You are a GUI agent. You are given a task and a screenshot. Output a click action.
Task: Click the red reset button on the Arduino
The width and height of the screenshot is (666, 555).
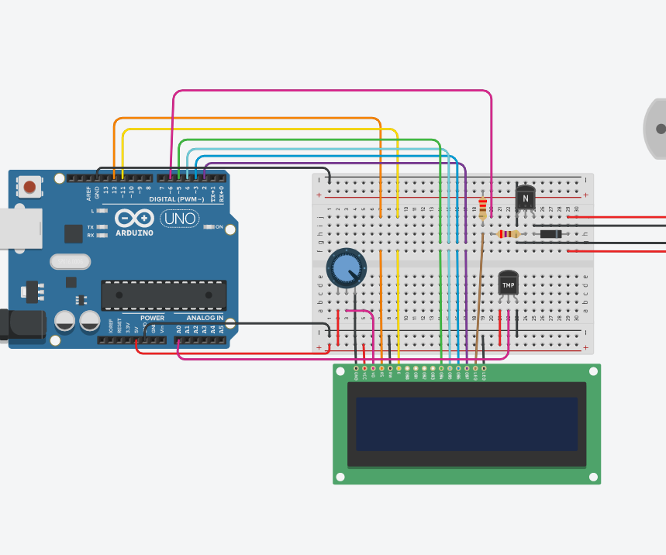tap(29, 186)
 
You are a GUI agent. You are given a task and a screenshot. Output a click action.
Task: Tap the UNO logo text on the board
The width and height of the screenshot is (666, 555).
tap(179, 219)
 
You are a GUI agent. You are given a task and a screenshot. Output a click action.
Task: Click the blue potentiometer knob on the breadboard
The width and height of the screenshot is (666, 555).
tap(344, 268)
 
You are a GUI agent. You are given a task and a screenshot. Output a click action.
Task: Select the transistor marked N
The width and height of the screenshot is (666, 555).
tap(525, 198)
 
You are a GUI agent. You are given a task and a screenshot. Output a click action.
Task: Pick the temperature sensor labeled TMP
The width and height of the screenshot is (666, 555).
tap(508, 284)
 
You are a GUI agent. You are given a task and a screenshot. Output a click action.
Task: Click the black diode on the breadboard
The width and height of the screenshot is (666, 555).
tap(550, 234)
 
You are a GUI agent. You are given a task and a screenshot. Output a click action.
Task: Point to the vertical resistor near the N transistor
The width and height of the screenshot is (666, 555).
tap(483, 207)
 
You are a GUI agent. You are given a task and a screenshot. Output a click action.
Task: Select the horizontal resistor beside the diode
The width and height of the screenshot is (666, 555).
tap(508, 234)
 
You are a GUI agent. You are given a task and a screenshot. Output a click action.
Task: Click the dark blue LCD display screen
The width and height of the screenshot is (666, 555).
tap(466, 424)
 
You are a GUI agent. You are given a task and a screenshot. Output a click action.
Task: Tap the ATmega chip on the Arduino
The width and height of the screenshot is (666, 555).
tap(164, 295)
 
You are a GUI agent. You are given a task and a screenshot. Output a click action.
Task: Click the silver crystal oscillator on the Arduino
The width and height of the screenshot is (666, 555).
tap(70, 262)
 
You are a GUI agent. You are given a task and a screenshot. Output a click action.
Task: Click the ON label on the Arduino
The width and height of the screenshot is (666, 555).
tap(218, 227)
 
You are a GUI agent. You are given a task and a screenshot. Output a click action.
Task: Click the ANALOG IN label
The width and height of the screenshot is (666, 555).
tap(204, 318)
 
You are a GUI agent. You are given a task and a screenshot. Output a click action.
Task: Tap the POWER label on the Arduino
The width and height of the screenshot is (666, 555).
tap(152, 318)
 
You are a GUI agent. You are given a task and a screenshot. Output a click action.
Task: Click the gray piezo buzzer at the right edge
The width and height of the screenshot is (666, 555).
tap(656, 129)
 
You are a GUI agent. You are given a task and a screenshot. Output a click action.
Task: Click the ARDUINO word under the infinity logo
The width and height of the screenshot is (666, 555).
tap(134, 233)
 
